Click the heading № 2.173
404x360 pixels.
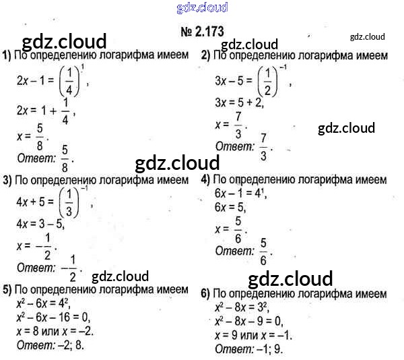click(201, 30)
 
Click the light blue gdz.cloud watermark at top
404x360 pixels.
click(201, 8)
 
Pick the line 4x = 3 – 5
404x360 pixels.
click(40, 223)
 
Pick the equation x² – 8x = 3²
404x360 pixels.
click(242, 307)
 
